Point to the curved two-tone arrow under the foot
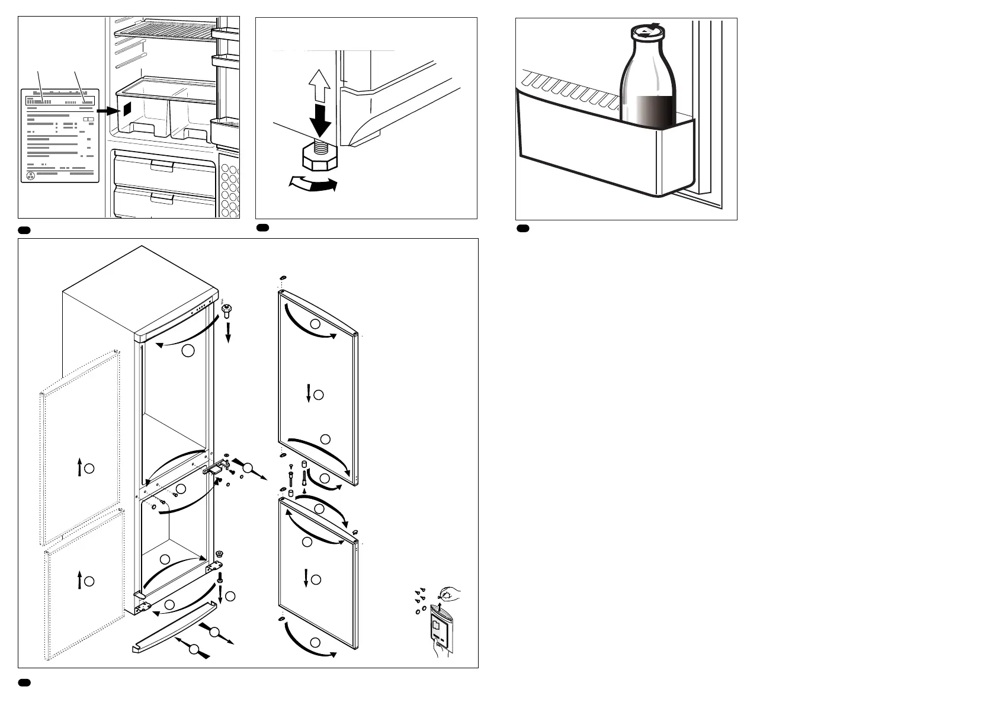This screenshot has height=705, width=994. click(x=313, y=184)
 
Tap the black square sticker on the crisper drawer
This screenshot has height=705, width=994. click(x=127, y=109)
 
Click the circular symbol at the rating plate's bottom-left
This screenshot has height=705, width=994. click(x=31, y=175)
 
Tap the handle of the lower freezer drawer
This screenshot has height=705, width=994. click(x=161, y=197)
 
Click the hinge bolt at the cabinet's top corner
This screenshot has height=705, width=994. click(x=226, y=309)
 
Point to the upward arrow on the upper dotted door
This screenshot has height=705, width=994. click(x=79, y=468)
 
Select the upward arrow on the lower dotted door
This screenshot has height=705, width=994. click(x=79, y=580)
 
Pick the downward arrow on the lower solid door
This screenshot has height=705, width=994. click(x=306, y=578)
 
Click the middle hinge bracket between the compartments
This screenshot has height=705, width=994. click(x=216, y=467)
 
